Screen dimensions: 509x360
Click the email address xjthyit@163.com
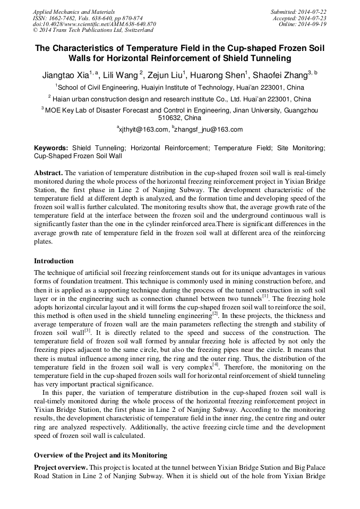click(x=143, y=130)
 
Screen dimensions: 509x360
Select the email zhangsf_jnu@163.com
click(x=209, y=130)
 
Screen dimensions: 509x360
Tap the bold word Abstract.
click(x=48, y=173)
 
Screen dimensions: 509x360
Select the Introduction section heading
click(x=54, y=261)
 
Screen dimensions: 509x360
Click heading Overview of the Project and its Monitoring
click(x=100, y=455)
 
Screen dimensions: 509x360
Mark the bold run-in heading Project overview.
click(x=61, y=467)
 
